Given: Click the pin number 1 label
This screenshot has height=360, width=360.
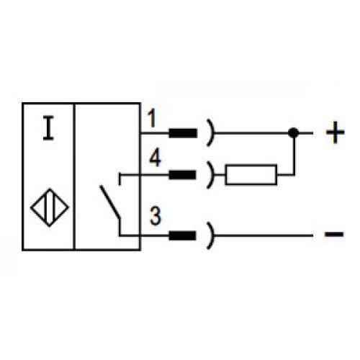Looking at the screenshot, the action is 152,118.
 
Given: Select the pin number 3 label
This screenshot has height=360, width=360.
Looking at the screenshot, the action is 155,216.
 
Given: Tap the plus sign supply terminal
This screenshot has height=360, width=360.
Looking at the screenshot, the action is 335,132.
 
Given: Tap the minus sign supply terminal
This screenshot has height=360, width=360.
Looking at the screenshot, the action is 334,234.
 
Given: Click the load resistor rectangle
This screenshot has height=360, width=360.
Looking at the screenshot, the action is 251,175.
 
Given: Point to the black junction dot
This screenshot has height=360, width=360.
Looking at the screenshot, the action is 293,132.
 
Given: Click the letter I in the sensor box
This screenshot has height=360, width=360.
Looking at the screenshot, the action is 48,127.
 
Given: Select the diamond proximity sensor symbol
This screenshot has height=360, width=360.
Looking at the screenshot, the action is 50,207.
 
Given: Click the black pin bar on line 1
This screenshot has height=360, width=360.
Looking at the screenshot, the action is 183,133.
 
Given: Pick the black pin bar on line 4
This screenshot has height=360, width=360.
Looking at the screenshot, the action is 182,175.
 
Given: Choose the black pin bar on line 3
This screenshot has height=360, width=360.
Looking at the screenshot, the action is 182,235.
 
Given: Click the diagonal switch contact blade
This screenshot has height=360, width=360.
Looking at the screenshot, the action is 110,202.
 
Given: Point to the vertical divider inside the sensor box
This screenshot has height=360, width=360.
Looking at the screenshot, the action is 74,176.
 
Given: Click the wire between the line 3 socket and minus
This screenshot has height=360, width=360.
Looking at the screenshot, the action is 264,235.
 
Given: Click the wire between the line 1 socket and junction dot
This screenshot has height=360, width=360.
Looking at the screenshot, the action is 251,132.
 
